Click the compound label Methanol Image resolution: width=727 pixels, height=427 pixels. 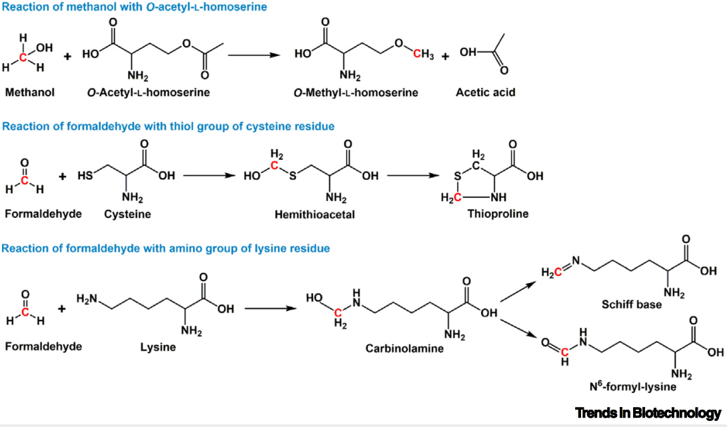[x=29, y=93]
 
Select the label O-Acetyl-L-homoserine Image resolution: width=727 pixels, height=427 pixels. [x=148, y=93]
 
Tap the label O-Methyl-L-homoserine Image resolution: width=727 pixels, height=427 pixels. [x=356, y=93]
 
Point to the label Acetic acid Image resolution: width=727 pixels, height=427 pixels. [x=485, y=93]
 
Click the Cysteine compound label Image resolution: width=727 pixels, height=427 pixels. [x=128, y=214]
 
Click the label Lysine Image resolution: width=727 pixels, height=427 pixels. [x=158, y=346]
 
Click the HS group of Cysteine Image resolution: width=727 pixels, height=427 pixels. [x=84, y=177]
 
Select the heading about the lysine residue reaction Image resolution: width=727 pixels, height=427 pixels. [x=166, y=248]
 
